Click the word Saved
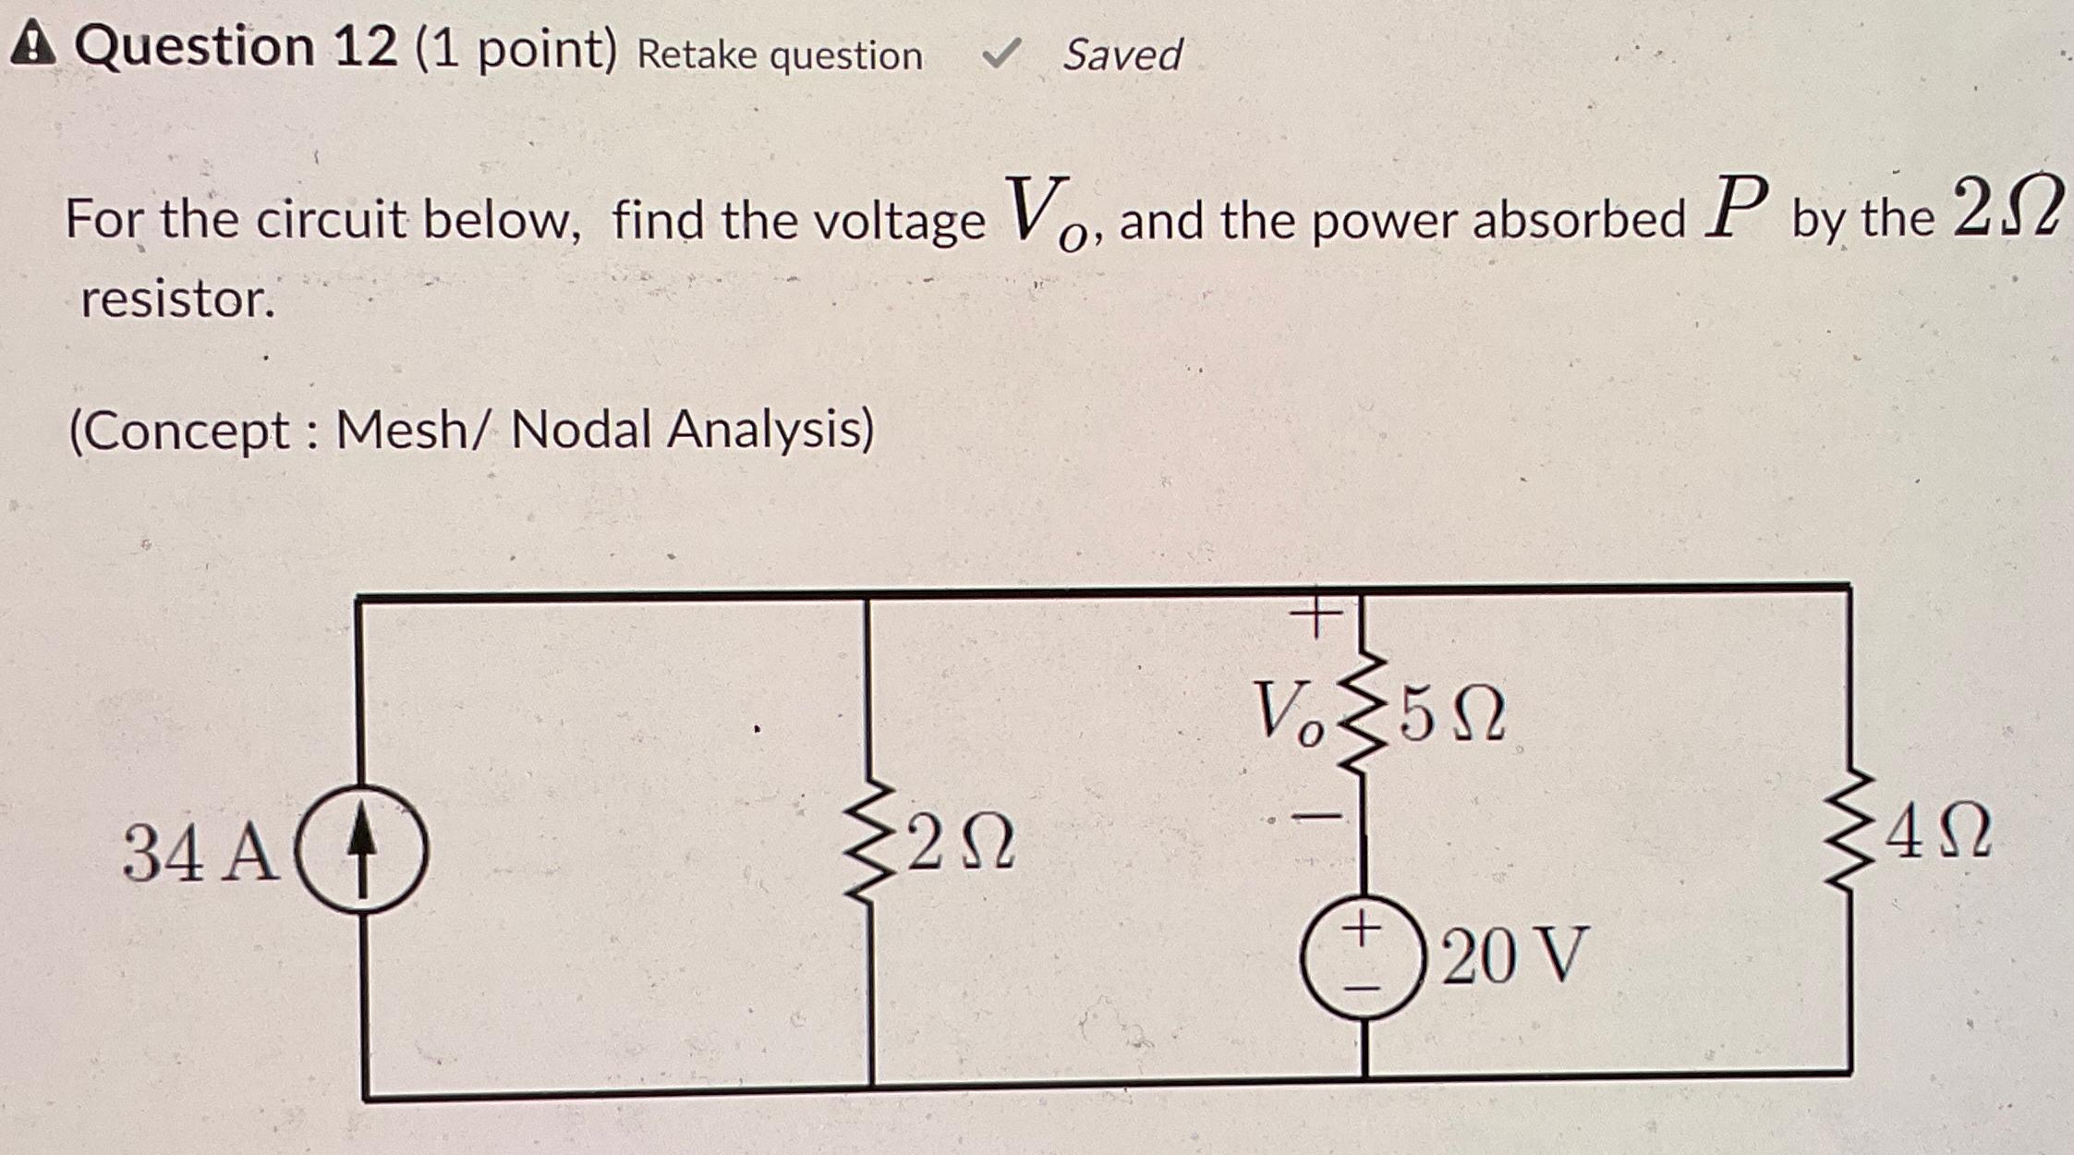[1122, 55]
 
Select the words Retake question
[779, 56]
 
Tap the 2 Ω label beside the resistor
[961, 844]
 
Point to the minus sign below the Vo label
[1316, 816]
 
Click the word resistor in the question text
[178, 299]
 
